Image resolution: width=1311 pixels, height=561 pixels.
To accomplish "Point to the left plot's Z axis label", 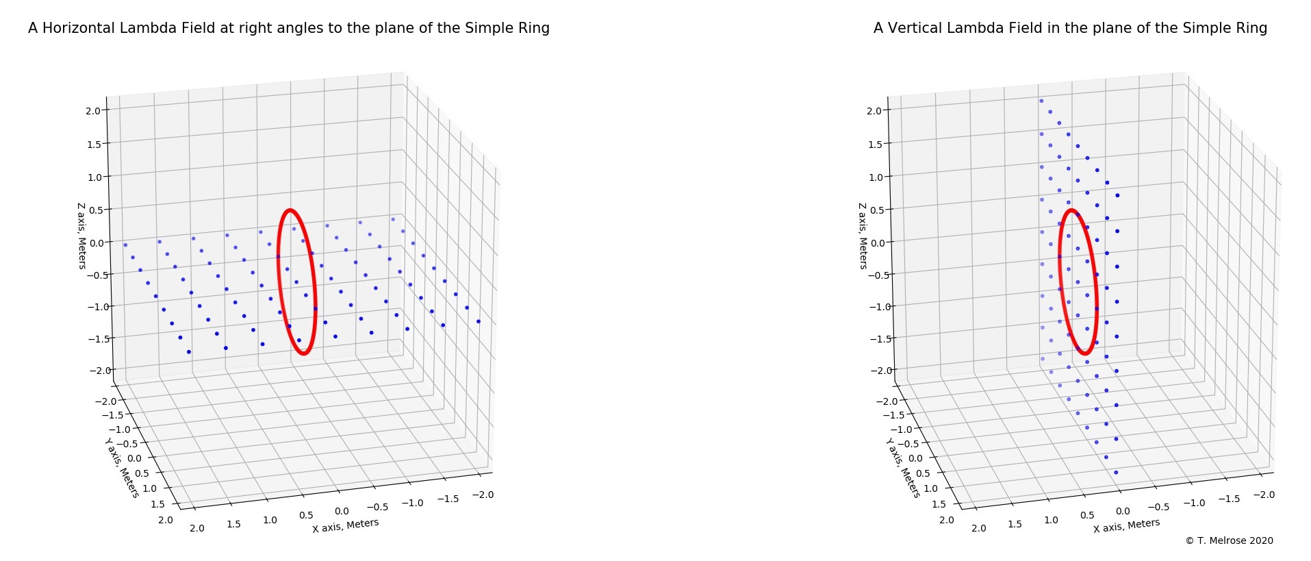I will (81, 236).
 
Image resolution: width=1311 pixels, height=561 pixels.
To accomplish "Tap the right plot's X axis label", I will (1126, 525).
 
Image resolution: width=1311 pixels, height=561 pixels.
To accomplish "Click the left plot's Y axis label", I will (122, 469).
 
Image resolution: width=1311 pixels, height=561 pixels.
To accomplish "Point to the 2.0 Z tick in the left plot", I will (93, 110).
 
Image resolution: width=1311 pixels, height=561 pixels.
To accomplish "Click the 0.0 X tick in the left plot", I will (341, 511).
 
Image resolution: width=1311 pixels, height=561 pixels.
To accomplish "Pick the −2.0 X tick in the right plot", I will (1263, 495).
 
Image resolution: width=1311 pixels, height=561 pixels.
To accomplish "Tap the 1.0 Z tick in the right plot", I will (876, 177).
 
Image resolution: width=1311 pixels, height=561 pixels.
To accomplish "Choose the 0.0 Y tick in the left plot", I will (135, 458).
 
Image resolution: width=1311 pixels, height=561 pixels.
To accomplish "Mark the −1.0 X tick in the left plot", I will (412, 503).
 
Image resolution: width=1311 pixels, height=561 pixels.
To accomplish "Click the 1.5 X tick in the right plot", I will (1015, 524).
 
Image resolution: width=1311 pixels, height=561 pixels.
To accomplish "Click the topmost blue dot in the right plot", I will (1041, 101).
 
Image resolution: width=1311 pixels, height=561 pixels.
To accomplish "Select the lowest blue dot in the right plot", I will (1116, 472).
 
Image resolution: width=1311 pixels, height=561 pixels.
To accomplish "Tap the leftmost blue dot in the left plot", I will (125, 245).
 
